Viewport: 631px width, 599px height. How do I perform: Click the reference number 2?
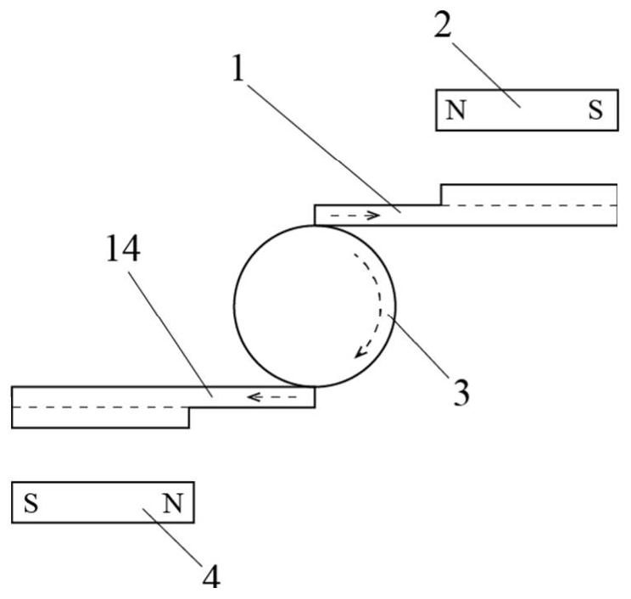point(443,24)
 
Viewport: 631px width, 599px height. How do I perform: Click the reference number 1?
point(238,68)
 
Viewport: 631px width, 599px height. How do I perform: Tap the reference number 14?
point(123,249)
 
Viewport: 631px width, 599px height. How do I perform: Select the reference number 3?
point(461,392)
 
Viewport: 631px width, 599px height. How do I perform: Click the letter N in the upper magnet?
point(456,109)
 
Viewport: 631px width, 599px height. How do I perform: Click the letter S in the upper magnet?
point(595,109)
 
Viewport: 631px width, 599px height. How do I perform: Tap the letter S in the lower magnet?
point(31,502)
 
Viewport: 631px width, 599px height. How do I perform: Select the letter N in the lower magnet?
point(173,502)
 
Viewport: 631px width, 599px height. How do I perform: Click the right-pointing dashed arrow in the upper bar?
point(355,216)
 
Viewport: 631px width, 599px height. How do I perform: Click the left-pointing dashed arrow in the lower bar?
point(272,397)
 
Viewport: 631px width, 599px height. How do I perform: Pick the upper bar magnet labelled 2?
point(527,110)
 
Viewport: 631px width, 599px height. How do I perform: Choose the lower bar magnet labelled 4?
point(103,502)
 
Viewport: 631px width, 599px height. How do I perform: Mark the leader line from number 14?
point(170,334)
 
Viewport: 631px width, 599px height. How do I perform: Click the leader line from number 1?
point(323,148)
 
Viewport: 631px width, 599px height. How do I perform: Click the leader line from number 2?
point(486,74)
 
